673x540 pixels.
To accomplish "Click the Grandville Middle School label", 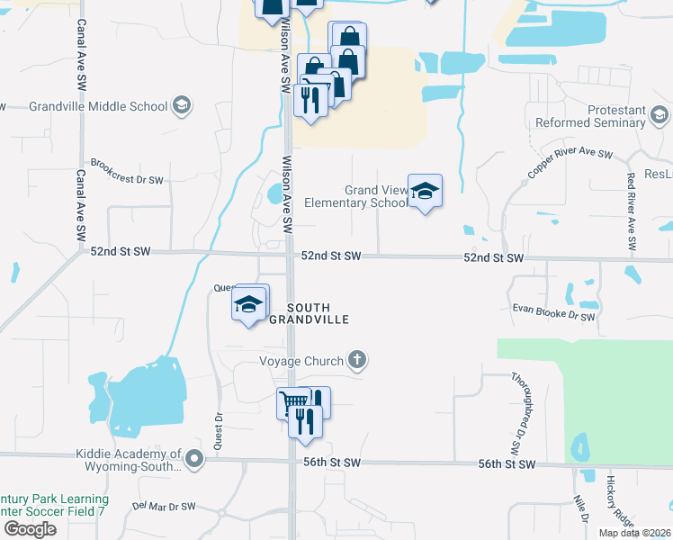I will coord(98,106).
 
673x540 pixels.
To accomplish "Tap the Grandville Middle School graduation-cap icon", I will coord(183,106).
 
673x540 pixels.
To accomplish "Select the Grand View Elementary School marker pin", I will coord(425,192).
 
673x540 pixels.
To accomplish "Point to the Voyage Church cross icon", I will coord(358,361).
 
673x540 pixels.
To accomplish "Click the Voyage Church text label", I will coord(301,362).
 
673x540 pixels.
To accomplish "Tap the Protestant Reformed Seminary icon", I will coord(660,115).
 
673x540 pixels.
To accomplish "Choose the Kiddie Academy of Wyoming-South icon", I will coord(195,461).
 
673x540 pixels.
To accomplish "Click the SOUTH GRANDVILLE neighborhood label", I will coord(317,313).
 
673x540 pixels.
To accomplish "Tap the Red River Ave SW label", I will coord(632,210).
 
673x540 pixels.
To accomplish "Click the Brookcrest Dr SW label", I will coord(127,179).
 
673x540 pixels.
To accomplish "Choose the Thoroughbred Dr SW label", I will coord(517,413).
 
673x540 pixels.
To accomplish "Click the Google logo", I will coord(30,529).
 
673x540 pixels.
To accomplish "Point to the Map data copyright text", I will coord(629,533).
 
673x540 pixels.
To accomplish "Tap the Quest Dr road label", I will coord(219,432).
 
